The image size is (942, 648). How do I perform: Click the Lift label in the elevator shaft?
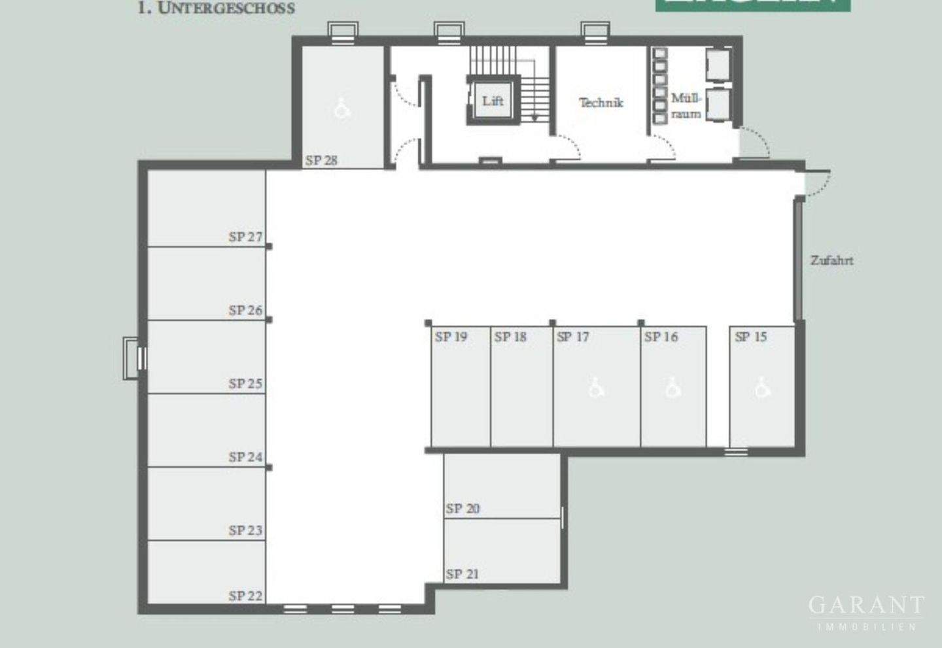pyautogui.click(x=493, y=101)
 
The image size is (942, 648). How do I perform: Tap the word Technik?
pyautogui.click(x=601, y=103)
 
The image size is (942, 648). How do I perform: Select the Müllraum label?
pyautogui.click(x=686, y=106)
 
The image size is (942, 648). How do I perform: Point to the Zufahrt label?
pyautogui.click(x=831, y=260)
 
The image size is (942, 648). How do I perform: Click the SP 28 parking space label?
pyautogui.click(x=321, y=160)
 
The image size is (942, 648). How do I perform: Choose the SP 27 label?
pyautogui.click(x=245, y=237)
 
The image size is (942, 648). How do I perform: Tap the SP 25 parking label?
pyautogui.click(x=245, y=384)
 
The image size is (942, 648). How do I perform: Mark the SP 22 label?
pyautogui.click(x=245, y=596)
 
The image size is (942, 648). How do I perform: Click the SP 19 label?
pyautogui.click(x=451, y=337)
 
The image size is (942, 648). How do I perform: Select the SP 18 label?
pyautogui.click(x=510, y=337)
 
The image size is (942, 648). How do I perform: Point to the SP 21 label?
pyautogui.click(x=462, y=574)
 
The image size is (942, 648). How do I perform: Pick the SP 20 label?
pyautogui.click(x=462, y=508)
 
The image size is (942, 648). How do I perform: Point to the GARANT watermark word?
pyautogui.click(x=866, y=605)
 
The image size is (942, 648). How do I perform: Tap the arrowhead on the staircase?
pyautogui.click(x=534, y=118)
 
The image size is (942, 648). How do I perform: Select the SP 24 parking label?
pyautogui.click(x=245, y=457)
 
